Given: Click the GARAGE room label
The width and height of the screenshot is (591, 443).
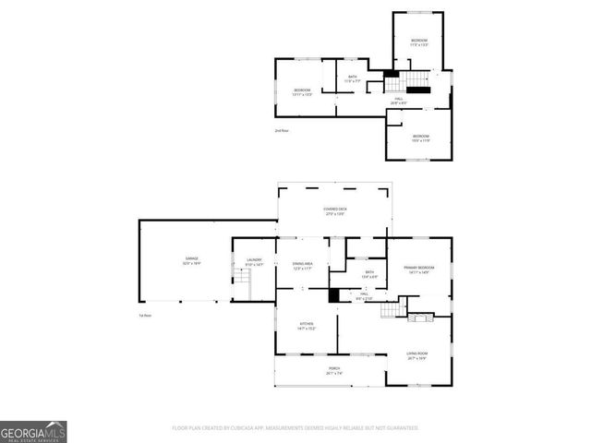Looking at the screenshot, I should click(x=192, y=260).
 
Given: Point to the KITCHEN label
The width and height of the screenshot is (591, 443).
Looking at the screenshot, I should click(x=308, y=326).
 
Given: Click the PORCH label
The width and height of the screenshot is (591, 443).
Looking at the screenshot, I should click(x=334, y=372).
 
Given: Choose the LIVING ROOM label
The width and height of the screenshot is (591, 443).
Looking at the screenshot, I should click(x=417, y=355).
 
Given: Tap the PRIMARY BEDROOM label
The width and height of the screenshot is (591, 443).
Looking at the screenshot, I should click(x=418, y=269).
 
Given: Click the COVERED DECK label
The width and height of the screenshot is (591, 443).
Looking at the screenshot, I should click(x=335, y=211).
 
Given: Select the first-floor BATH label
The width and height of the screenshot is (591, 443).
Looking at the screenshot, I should click(x=368, y=273).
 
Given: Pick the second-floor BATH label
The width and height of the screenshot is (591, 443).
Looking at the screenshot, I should click(x=352, y=78).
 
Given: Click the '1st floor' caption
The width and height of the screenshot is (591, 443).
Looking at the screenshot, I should click(x=145, y=317).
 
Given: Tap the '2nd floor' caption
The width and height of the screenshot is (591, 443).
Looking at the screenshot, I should click(x=282, y=131).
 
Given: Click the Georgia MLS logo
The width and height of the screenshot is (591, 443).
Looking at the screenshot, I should click(x=33, y=431).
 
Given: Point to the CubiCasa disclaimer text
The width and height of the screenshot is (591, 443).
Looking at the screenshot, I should click(x=295, y=428).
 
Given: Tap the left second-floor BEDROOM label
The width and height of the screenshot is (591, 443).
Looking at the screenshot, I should click(x=302, y=91).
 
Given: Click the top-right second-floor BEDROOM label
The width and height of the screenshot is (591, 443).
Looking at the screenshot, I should click(x=419, y=42).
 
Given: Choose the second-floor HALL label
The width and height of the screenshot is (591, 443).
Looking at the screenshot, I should click(x=399, y=101).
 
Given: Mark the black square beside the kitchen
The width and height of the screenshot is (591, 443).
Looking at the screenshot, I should click(x=334, y=296).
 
